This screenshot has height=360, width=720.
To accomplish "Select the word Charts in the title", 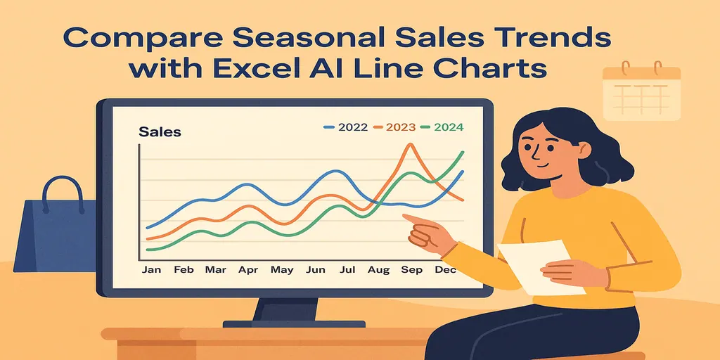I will point(501,70).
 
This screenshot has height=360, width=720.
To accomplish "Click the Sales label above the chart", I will point(160,131).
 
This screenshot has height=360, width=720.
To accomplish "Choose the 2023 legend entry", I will point(395,127).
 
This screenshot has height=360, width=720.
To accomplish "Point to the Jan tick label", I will point(150,270).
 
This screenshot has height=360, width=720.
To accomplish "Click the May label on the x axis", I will point(282,270).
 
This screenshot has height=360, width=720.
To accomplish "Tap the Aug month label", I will point(378,270).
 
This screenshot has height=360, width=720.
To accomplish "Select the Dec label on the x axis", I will point(445,270).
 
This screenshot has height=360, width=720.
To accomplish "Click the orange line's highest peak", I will point(407,144).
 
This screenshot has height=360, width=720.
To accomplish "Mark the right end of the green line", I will point(463,152).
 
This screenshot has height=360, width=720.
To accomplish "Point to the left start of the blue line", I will point(147,228).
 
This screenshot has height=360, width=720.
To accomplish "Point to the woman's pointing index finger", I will point(406,217).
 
